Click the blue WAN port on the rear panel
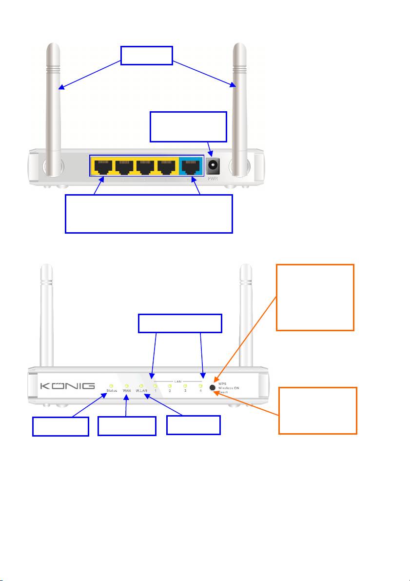(x=191, y=167)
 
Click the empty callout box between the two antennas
(x=147, y=56)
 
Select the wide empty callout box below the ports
(x=149, y=214)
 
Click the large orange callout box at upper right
(x=315, y=297)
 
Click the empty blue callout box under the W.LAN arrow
(x=194, y=425)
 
